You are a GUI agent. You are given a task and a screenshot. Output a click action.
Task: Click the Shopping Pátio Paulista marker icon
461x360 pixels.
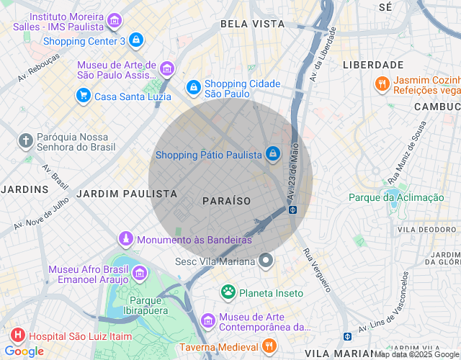(273, 154)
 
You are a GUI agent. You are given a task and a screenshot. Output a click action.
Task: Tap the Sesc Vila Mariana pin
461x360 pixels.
(267, 261)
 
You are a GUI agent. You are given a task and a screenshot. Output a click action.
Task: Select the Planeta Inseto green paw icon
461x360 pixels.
(228, 292)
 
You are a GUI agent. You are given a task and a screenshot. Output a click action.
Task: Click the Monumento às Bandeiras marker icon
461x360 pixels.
(126, 238)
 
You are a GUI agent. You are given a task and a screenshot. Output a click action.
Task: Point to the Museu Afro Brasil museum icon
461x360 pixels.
(140, 273)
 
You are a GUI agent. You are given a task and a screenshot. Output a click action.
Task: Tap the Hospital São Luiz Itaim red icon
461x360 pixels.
(17, 335)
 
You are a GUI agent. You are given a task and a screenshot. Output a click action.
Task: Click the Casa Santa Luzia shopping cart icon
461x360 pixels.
(84, 96)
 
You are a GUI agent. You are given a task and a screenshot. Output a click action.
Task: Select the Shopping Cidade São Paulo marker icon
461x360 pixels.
(193, 88)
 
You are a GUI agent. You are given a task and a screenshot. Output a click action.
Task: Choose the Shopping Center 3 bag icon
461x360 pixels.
(136, 40)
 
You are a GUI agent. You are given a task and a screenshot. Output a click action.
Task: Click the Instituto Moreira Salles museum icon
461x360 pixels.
(115, 22)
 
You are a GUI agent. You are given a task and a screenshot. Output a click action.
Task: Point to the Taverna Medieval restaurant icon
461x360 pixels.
(268, 346)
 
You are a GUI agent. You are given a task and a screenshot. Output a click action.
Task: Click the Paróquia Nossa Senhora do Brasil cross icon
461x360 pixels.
(26, 141)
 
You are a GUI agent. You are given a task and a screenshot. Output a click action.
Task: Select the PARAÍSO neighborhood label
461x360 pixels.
(226, 200)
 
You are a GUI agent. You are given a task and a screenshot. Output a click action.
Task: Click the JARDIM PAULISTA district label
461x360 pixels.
(127, 194)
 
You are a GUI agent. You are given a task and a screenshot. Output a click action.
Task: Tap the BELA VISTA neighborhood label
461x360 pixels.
(252, 24)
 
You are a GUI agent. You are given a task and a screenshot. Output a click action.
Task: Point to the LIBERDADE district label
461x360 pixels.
(372, 65)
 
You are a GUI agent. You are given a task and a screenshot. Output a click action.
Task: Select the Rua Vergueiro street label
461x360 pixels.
(316, 270)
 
